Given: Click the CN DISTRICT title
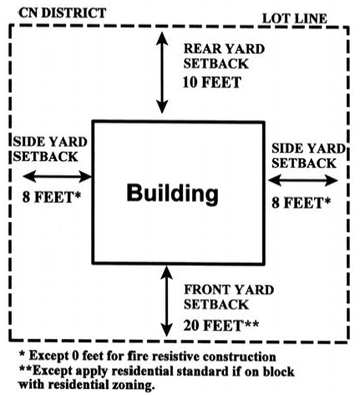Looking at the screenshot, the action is click(x=63, y=13).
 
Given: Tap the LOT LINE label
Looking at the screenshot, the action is click(x=295, y=18).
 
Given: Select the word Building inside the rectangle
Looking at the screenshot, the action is click(x=173, y=194).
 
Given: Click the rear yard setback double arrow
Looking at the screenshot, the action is click(x=162, y=73).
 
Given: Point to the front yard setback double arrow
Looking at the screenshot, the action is click(x=166, y=301).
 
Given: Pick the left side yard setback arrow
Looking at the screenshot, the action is click(x=57, y=176).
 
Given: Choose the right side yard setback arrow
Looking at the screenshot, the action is click(x=303, y=180).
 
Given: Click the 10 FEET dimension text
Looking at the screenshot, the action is click(x=212, y=83).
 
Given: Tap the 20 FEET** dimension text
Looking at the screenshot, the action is click(x=221, y=326).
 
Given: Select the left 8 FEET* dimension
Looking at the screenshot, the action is click(x=52, y=197).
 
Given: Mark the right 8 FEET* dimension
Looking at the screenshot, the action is click(x=302, y=203).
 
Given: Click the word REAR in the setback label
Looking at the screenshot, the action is click(x=202, y=49).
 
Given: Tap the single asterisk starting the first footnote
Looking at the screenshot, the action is click(x=22, y=354).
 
